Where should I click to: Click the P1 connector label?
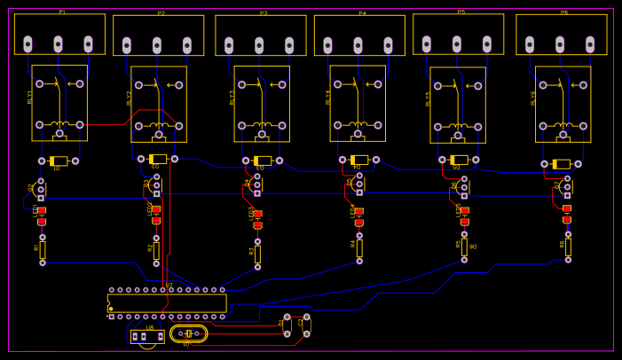point(62,12)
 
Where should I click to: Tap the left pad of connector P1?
point(28,43)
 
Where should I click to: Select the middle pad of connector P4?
point(358,45)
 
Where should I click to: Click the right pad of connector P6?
point(590,44)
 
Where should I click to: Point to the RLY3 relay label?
point(233,97)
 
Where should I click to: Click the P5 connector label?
point(461,12)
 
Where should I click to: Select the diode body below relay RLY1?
point(59,161)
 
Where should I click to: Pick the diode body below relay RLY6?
point(562,164)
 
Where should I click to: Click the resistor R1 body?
point(42,250)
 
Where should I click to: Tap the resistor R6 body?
point(568,247)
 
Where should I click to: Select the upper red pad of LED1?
point(41,211)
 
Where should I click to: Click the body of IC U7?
point(167,303)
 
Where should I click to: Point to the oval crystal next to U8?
point(188,333)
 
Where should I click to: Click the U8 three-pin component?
point(146,337)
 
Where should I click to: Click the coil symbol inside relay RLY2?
point(159,125)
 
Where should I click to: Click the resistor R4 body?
point(359,248)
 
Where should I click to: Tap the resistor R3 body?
point(257,254)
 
